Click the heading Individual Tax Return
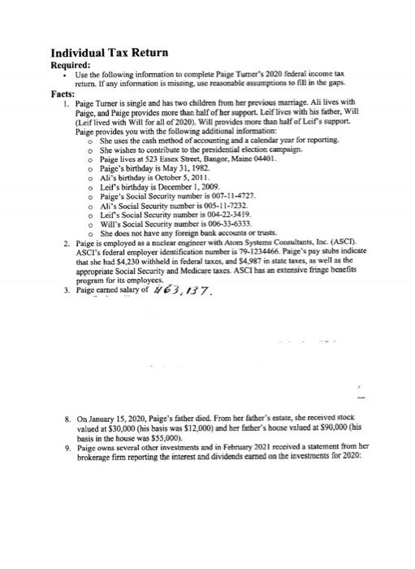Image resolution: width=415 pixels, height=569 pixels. (x=110, y=53)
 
